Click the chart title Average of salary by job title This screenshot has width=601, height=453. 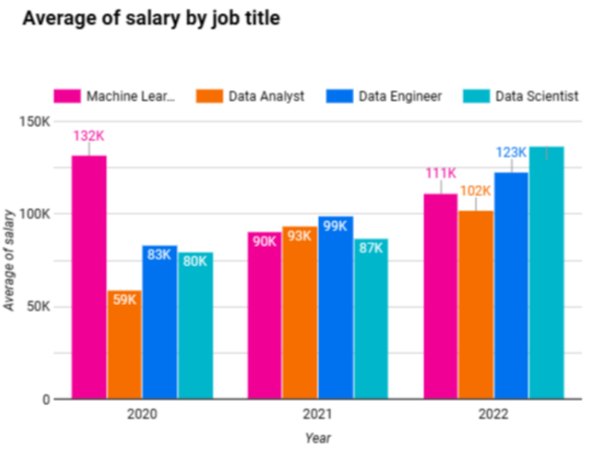[151, 18]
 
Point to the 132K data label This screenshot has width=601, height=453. [89, 136]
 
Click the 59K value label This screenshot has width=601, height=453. [125, 300]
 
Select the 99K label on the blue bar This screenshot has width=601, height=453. [335, 226]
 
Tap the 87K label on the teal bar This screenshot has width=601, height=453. [371, 248]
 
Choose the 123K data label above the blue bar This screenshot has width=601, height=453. [511, 152]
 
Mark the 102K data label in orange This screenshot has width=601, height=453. [475, 191]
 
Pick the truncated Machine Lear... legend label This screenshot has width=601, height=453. [131, 96]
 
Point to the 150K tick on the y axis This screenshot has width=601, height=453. [35, 122]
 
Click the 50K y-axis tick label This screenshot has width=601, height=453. [37, 307]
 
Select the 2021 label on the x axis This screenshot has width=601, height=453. [318, 415]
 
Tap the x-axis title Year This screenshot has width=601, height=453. [318, 438]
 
